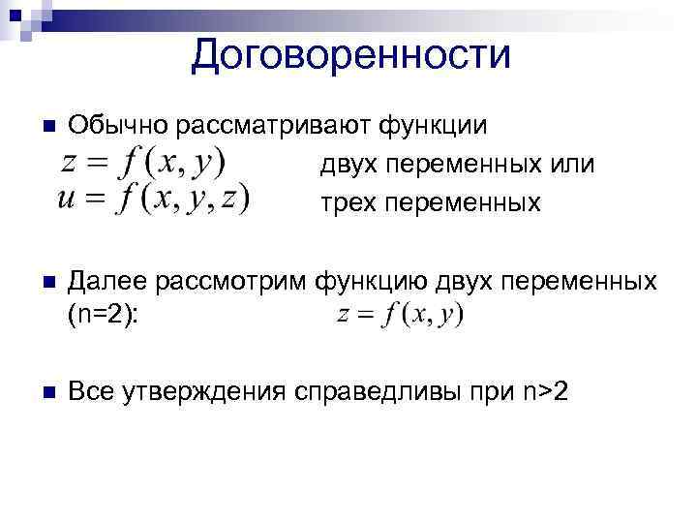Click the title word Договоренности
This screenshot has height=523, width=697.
coord(349,54)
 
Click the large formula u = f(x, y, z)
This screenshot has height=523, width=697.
coord(153,200)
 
